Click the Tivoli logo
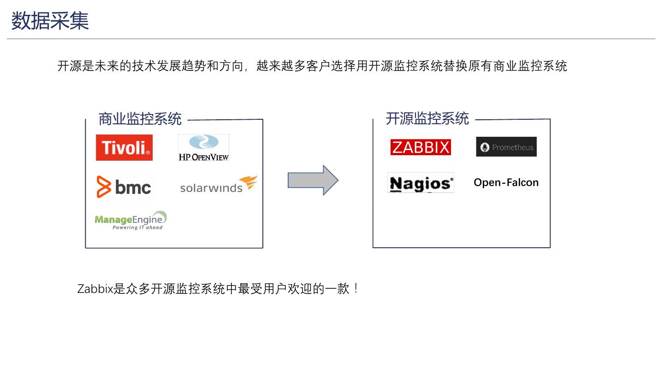[124, 147]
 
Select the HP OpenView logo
[203, 147]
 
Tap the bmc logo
[124, 187]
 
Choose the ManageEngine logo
[130, 220]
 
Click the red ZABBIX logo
[421, 147]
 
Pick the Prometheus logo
[506, 147]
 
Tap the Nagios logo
[421, 183]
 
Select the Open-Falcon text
[506, 182]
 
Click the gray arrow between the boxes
[313, 180]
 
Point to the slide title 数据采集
[50, 21]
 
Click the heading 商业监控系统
[140, 119]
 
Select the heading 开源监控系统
[427, 118]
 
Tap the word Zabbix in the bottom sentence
[95, 289]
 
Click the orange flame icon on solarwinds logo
[249, 182]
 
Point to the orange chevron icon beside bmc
[104, 187]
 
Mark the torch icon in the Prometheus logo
[485, 147]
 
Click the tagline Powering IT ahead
[137, 227]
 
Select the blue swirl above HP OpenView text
[203, 142]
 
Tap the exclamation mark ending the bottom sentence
[356, 289]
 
